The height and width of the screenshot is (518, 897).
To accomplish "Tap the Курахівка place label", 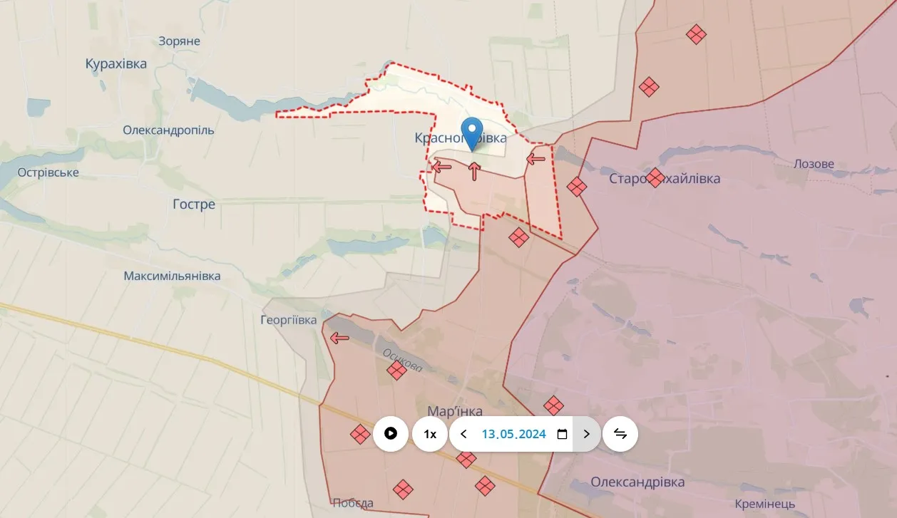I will tap(116, 64).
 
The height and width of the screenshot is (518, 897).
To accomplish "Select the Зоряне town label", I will tap(179, 41).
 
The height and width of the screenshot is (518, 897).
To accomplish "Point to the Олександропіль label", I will tap(168, 130).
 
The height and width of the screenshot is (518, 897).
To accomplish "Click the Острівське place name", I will tap(48, 172).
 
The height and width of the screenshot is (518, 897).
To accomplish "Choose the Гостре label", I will tap(193, 204).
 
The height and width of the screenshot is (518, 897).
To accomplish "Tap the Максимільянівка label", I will tap(172, 276).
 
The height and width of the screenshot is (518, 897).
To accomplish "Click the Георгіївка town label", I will tap(289, 320).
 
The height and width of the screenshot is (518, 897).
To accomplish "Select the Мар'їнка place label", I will tap(454, 411).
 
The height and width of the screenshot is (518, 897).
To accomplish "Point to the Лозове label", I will tap(814, 164).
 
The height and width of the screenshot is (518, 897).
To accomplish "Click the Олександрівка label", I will tap(637, 482).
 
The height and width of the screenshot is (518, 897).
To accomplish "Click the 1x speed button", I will tap(430, 434).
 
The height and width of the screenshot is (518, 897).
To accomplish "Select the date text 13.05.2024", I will tap(513, 434).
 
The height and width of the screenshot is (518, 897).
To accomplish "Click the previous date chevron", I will tap(463, 434).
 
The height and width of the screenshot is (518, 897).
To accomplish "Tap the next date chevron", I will tap(587, 434).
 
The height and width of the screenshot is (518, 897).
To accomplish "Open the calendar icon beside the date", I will tap(562, 434).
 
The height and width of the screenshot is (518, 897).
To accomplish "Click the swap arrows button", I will tap(620, 434).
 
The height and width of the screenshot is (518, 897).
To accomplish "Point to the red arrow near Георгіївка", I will tap(340, 338).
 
